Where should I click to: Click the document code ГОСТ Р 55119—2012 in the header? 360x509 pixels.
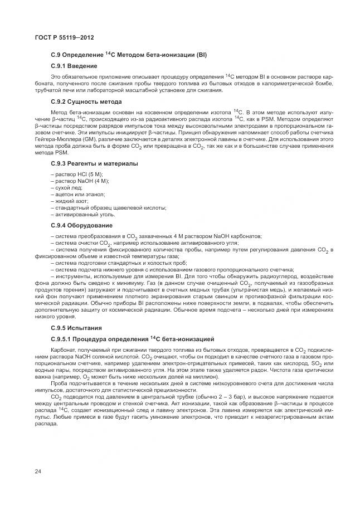click(64, 37)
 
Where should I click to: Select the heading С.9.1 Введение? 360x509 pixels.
click(74, 66)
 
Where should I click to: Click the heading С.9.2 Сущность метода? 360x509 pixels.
click(86, 101)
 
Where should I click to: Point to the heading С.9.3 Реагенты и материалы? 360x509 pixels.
click(94, 163)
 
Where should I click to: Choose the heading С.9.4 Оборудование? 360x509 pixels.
click(81, 225)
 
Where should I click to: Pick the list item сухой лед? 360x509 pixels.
click(66, 188)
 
